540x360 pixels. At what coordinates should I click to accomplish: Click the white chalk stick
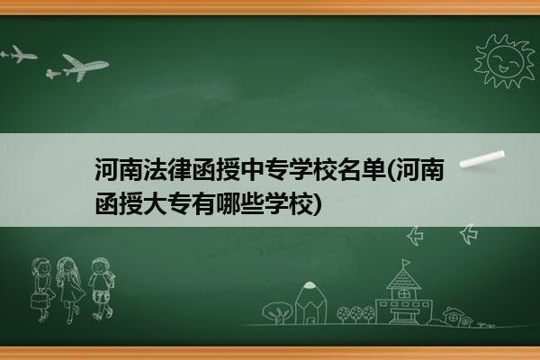point(482,159)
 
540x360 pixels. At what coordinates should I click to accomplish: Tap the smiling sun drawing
point(504,61)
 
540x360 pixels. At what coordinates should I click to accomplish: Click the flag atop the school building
point(406,263)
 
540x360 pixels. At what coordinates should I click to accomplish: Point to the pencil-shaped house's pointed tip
point(310,283)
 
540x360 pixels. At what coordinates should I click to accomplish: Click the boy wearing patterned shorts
point(101,288)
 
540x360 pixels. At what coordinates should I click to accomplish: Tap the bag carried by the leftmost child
point(39,301)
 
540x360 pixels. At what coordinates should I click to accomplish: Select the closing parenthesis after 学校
point(318,204)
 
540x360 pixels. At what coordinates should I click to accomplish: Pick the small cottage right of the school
point(457,317)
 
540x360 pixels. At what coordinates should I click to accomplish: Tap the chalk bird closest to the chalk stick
point(468,233)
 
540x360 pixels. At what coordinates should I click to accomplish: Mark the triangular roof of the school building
point(403,279)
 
